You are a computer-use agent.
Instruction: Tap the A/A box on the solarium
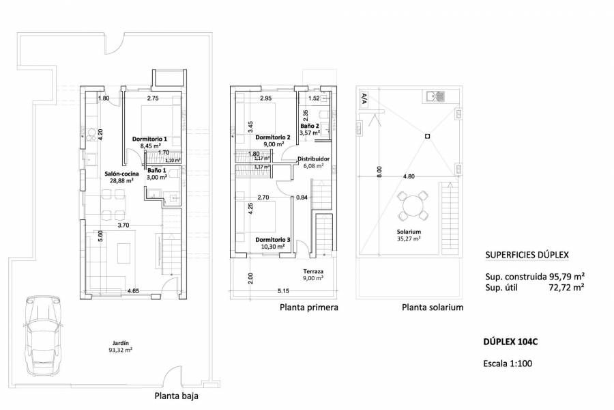tap(364, 98)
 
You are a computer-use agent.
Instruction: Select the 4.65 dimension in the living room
tap(134, 291)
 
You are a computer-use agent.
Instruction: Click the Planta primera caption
tap(308, 308)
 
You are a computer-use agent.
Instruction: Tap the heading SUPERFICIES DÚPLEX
tap(526, 256)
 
